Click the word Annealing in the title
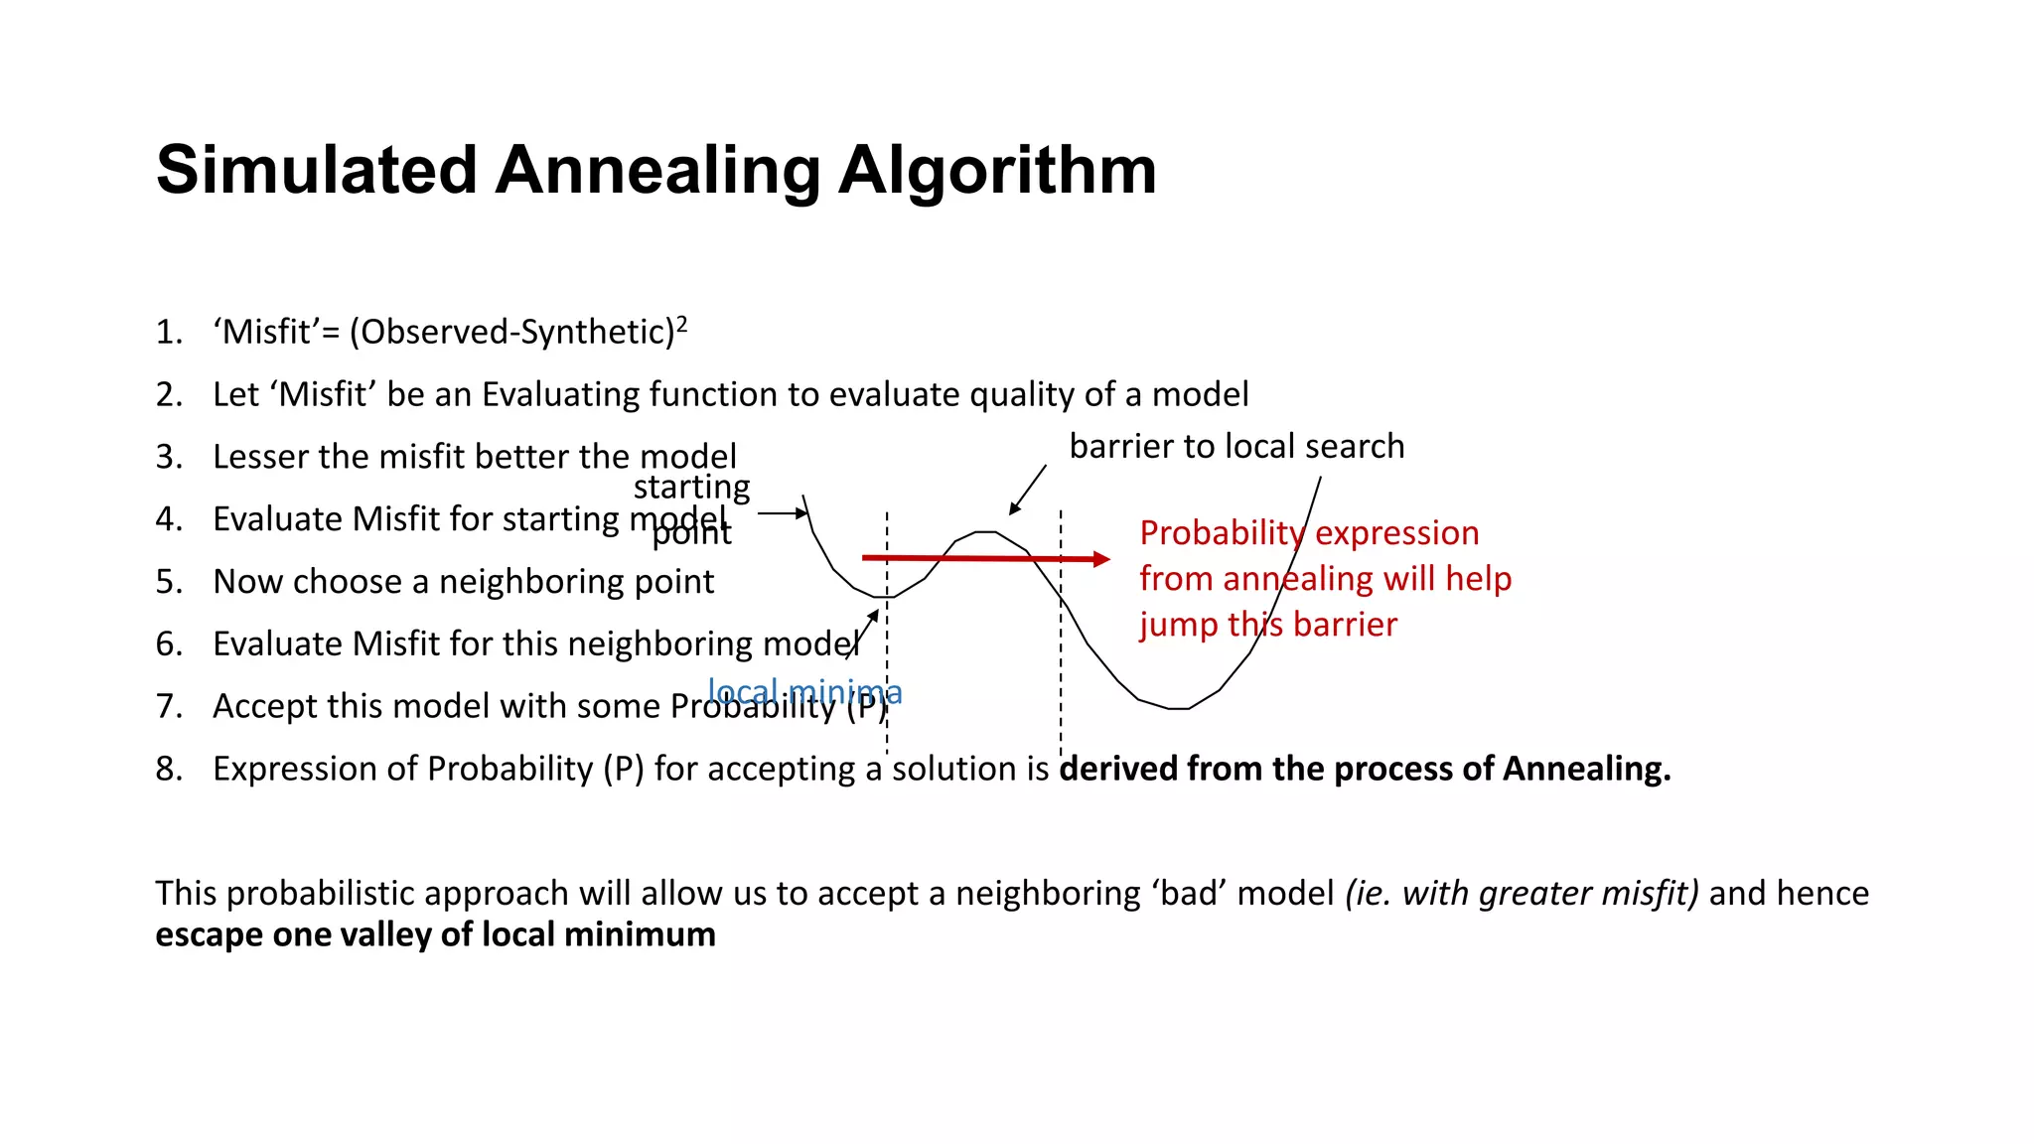point(656,171)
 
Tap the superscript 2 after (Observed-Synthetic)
point(681,324)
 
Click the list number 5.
point(168,581)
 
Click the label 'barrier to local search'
point(1236,446)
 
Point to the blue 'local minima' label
point(804,691)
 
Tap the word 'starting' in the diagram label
point(691,487)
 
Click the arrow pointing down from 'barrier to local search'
point(1027,490)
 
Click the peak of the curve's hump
point(985,532)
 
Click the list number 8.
point(168,769)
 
